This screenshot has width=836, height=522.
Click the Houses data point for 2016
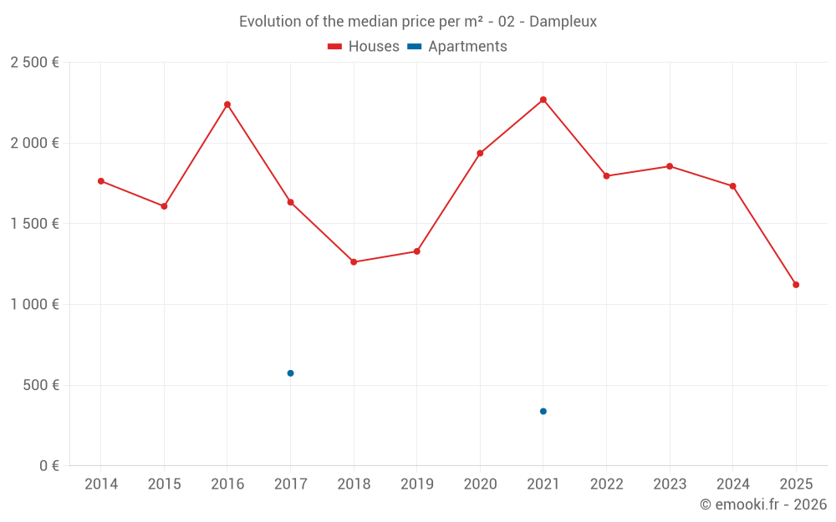tap(227, 104)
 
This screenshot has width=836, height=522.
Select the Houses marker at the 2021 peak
tap(543, 99)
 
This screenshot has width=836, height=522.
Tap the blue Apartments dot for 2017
tap(290, 373)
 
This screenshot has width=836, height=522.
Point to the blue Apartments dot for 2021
tap(543, 411)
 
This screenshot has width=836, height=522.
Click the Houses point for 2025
tap(796, 285)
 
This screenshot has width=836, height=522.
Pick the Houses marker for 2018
tap(354, 262)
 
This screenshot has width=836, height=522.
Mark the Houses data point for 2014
tap(101, 181)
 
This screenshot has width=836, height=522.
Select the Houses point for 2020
tap(480, 154)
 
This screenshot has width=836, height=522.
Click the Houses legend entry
tap(364, 47)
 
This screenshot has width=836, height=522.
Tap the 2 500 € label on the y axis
tap(34, 63)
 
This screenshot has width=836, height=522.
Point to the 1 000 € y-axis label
tap(34, 305)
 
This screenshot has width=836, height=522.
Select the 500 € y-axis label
tap(40, 385)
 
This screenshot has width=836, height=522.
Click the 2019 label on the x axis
tap(416, 484)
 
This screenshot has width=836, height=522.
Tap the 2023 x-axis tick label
tap(670, 484)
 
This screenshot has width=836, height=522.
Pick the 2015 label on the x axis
tap(164, 484)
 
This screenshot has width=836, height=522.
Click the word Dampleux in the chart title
tap(563, 22)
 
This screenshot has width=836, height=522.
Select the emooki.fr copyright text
tap(762, 504)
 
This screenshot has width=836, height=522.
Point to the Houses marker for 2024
tap(732, 186)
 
